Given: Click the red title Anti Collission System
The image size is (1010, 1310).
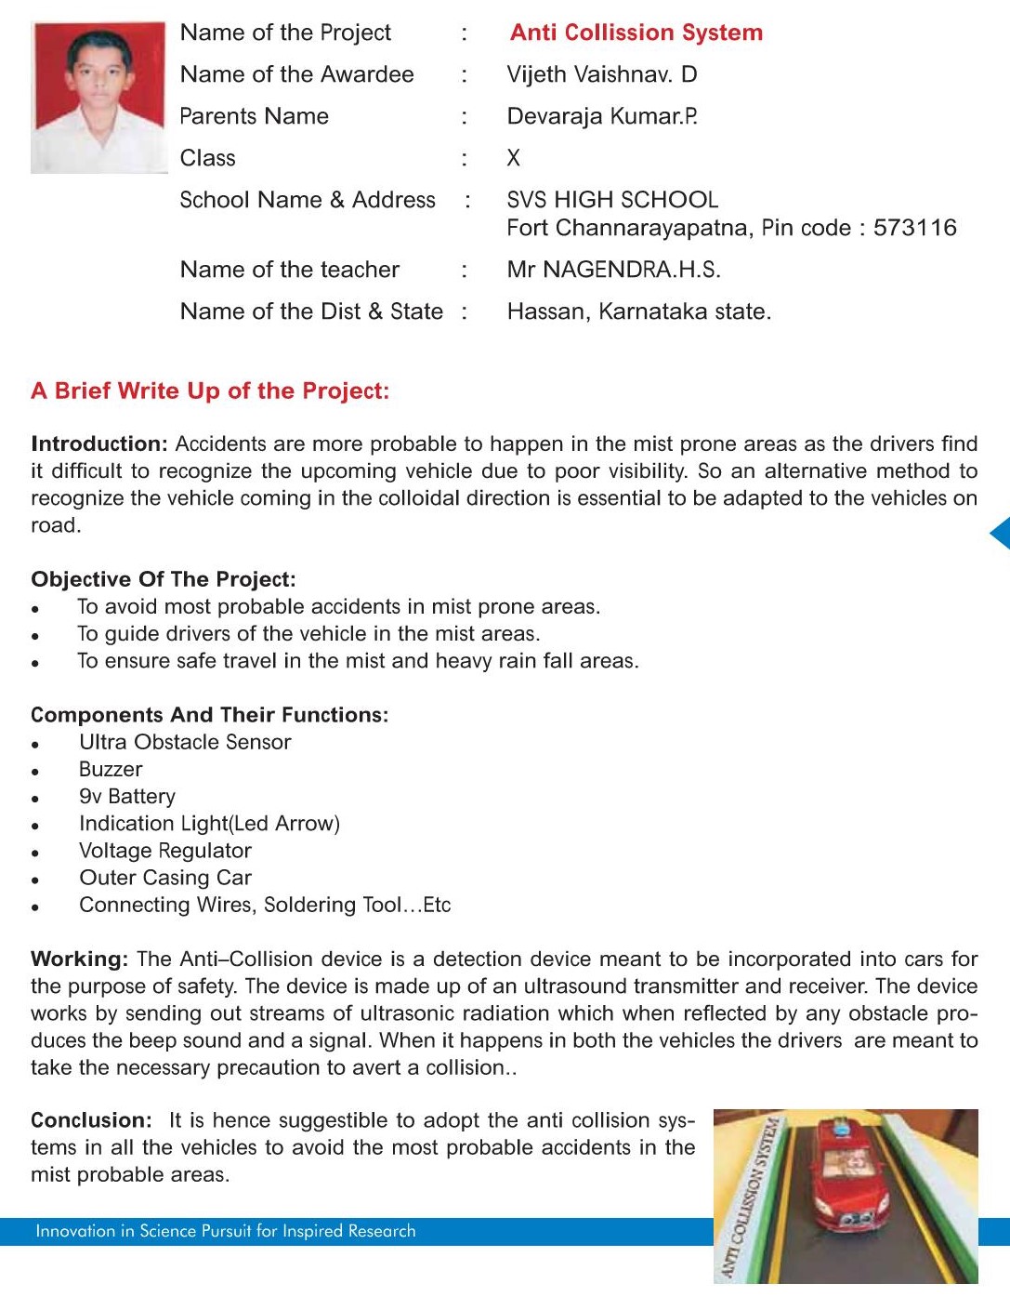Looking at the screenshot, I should [x=636, y=33].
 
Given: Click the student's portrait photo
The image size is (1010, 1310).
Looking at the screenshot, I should [x=98, y=97].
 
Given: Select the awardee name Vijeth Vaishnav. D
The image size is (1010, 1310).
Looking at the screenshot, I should [x=601, y=74].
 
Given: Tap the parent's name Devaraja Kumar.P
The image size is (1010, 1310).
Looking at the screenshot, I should [x=601, y=116].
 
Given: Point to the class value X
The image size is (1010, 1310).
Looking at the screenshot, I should [x=513, y=158].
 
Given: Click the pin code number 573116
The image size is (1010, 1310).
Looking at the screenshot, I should [x=914, y=228].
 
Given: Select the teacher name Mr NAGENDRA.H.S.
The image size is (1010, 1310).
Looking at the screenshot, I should [x=613, y=270].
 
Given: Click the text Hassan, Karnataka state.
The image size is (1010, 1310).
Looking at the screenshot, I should [x=638, y=311].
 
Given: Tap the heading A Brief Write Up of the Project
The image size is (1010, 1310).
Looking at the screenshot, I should [x=210, y=390].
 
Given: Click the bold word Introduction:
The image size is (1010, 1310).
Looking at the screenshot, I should [x=98, y=443].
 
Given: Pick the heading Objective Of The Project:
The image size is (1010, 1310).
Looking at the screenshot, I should [x=164, y=579].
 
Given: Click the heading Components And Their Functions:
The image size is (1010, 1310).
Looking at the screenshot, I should [x=209, y=715].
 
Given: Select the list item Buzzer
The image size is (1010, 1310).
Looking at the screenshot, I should [x=111, y=770].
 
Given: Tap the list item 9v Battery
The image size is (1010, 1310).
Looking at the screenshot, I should [x=127, y=797].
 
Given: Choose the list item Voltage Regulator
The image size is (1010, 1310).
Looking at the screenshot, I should [x=165, y=851].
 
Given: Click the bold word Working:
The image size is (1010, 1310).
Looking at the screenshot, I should [x=79, y=959].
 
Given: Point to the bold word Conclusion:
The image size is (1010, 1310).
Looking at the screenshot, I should [x=91, y=1120].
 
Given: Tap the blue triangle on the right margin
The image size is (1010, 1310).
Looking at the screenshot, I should [x=1001, y=534].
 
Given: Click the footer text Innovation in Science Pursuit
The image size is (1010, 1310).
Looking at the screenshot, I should [x=225, y=1231].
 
